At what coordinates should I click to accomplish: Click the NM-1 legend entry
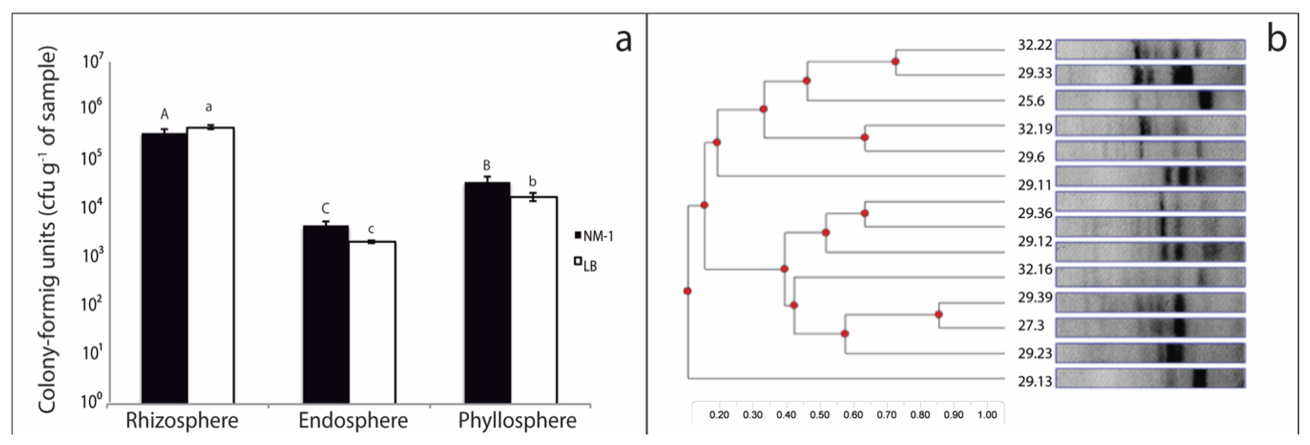(x=593, y=236)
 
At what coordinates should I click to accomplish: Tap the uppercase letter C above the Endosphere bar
(x=326, y=208)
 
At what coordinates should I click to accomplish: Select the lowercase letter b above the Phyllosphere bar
(x=533, y=181)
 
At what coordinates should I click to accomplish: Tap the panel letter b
(x=1276, y=40)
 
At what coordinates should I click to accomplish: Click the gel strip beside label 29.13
(x=1150, y=378)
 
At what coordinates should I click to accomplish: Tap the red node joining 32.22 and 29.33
(x=896, y=62)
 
